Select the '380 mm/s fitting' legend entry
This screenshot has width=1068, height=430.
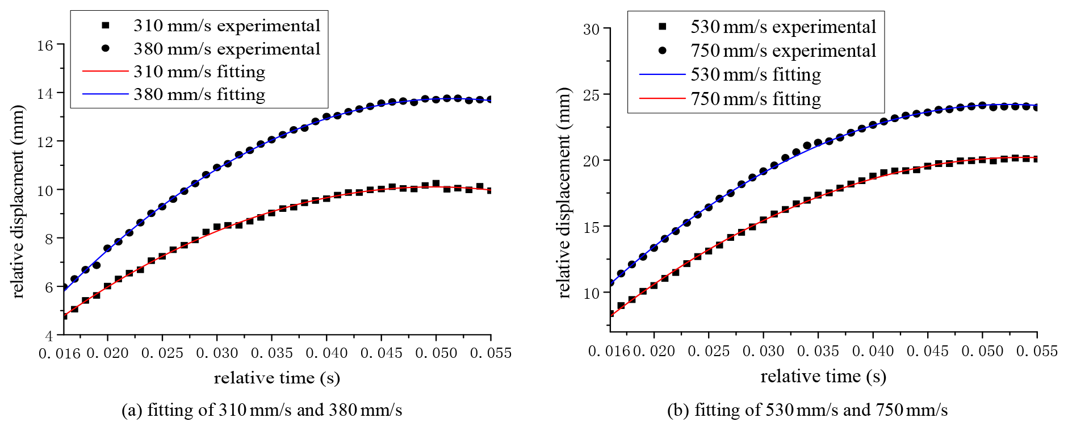coord(199,94)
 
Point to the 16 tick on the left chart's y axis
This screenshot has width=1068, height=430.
coord(45,45)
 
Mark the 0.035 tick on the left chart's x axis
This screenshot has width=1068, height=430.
coord(271,353)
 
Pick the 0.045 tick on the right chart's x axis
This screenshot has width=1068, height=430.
coord(927,351)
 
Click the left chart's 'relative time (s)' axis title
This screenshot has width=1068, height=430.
coord(277,378)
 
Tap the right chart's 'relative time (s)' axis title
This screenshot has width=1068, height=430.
coord(823,376)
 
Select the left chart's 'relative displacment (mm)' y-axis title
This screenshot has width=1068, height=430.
coord(18,201)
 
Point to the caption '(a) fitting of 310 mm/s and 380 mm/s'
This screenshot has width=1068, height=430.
coord(262,410)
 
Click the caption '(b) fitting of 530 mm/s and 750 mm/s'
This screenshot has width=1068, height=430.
coord(807,410)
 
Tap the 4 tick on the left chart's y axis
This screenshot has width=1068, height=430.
coord(49,336)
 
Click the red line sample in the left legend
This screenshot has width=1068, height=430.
coord(106,72)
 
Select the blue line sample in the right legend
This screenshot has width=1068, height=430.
coord(663,74)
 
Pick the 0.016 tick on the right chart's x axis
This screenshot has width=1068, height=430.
coord(609,351)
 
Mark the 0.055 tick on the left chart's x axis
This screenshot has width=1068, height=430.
coord(491,353)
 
